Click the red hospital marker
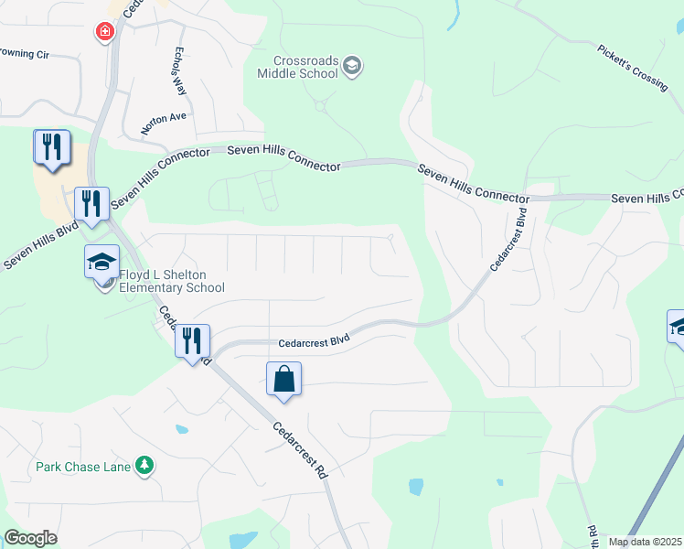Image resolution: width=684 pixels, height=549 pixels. pos(105,32)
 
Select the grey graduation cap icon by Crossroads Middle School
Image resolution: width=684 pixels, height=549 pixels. pos(352,66)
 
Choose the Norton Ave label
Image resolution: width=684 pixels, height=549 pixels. pos(164,124)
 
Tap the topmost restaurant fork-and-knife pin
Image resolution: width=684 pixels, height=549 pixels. pos(51,148)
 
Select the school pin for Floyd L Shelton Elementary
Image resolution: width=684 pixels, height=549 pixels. pos(102,264)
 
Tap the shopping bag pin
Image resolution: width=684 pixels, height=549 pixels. pos(283,379)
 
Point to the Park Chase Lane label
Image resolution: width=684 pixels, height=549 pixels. pos(83,467)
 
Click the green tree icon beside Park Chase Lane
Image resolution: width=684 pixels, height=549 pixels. pos(144,467)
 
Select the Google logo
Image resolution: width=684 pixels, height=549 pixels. pos(30,538)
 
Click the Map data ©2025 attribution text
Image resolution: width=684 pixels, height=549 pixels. pos(645,542)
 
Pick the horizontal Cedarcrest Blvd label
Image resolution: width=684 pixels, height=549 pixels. pos(315,341)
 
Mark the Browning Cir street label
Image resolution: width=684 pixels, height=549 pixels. pos(24,54)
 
